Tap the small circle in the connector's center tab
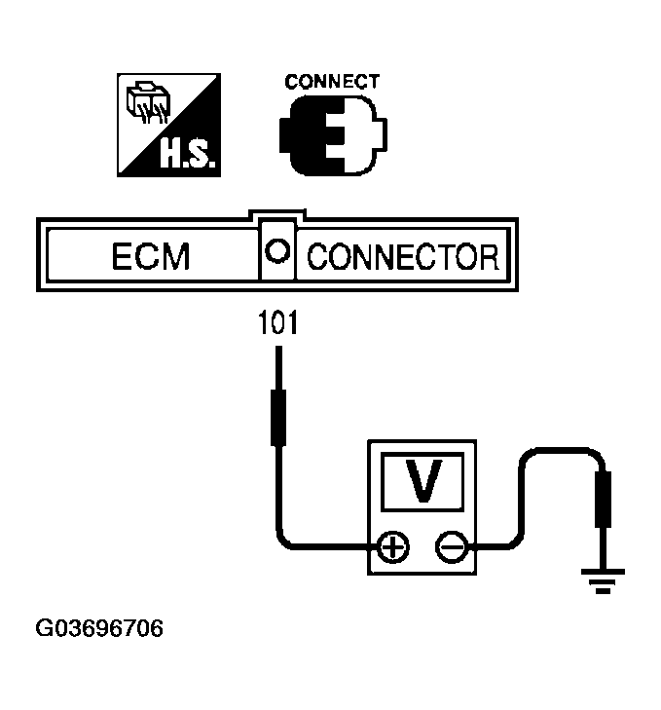[277, 250]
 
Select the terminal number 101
[277, 321]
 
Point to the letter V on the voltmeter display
[422, 482]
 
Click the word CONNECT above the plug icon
[332, 82]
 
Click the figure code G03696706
[99, 629]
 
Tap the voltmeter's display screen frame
[422, 458]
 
